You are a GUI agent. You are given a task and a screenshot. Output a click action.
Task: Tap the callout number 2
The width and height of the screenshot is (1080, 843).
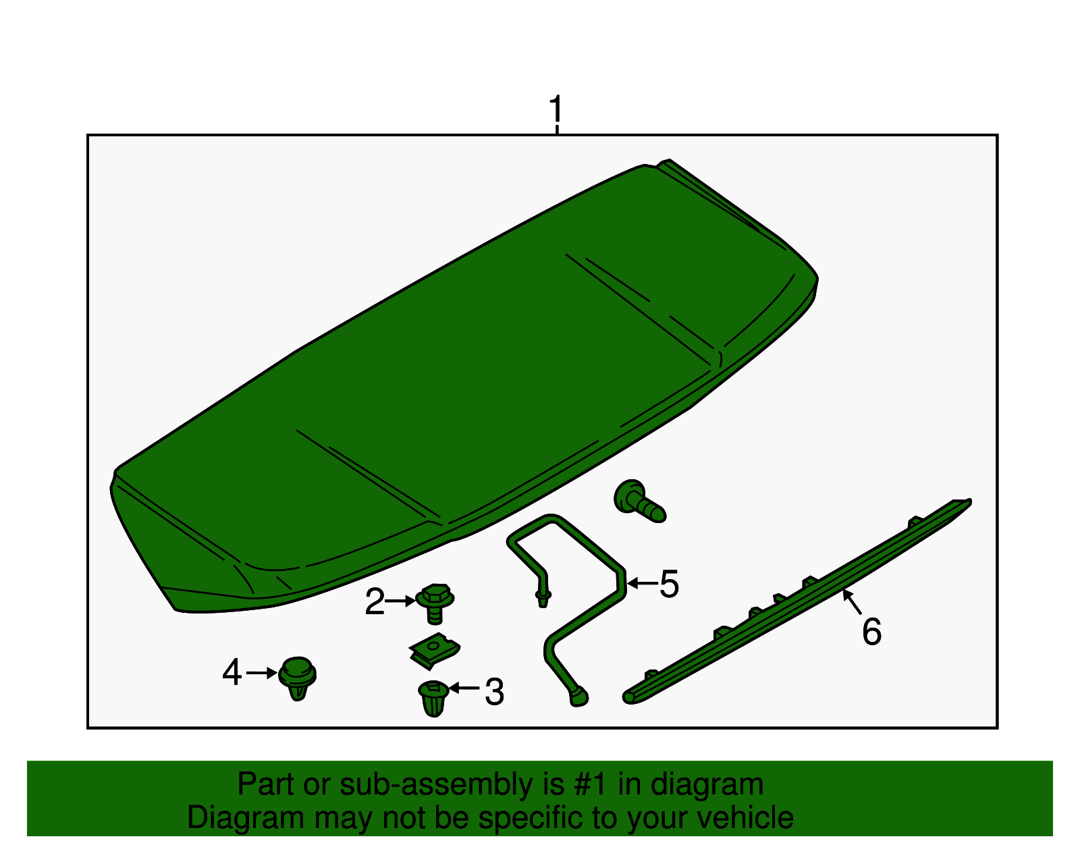[x=374, y=601]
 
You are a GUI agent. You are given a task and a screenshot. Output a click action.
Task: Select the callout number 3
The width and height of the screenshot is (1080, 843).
[x=494, y=692]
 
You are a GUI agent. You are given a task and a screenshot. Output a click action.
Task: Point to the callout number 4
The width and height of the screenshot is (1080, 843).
[x=232, y=673]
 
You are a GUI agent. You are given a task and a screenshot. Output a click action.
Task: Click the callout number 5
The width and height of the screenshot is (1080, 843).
[x=668, y=584]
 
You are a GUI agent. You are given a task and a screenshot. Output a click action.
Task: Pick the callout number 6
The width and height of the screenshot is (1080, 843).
[x=871, y=632]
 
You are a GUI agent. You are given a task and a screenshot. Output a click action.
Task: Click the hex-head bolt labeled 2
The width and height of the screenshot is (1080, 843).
[x=435, y=602]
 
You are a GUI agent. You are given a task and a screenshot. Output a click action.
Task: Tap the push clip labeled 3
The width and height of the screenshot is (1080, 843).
[x=433, y=698]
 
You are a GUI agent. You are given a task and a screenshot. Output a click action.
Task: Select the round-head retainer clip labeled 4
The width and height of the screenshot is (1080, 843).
[x=297, y=677]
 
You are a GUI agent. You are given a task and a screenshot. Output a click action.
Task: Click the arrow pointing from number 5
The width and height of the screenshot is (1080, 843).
[x=642, y=582]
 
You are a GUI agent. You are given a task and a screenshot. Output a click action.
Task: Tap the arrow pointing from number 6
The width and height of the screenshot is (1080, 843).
[x=853, y=602]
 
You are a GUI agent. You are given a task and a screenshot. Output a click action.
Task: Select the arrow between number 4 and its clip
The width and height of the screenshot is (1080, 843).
[x=262, y=673]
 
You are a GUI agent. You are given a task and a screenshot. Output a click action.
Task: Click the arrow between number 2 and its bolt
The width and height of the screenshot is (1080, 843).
[x=401, y=600]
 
